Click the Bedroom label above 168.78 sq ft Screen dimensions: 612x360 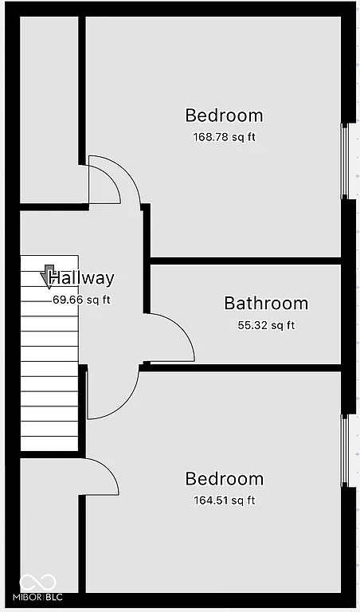224,116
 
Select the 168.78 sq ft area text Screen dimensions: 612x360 224,136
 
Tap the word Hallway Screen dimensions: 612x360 81,278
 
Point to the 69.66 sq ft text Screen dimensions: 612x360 81,300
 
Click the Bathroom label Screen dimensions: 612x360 265,303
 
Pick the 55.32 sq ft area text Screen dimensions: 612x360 266,325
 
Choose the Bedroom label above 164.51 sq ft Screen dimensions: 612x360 224,479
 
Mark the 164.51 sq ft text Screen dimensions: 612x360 224,500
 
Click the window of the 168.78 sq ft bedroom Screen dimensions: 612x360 345,161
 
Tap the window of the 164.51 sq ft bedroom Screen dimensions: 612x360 345,450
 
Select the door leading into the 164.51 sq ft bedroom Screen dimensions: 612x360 112,394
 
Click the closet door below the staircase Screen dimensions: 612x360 100,476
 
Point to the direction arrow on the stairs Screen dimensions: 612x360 49,276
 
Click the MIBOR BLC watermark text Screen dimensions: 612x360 40,597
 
